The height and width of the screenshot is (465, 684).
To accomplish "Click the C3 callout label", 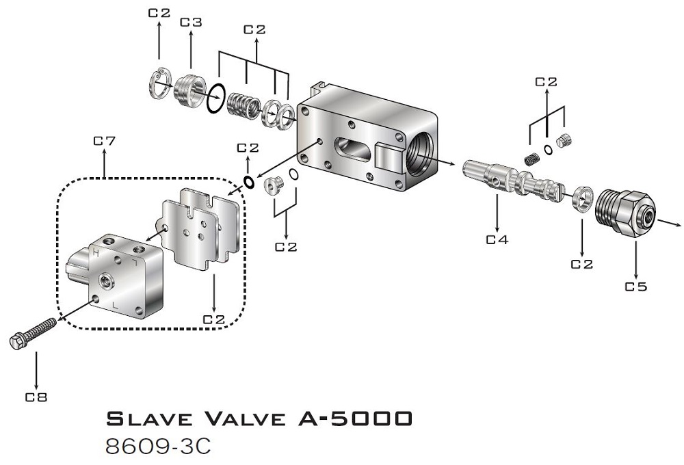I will pyautogui.click(x=191, y=23).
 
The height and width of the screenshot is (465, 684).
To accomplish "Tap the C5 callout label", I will pyautogui.click(x=635, y=287).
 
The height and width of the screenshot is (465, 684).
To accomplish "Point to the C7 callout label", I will pyautogui.click(x=103, y=142).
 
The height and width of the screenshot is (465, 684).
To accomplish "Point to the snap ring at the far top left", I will pyautogui.click(x=159, y=83).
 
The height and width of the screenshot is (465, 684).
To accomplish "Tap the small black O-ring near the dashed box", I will pyautogui.click(x=250, y=182).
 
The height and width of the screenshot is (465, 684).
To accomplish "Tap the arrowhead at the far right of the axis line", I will pyautogui.click(x=677, y=224).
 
